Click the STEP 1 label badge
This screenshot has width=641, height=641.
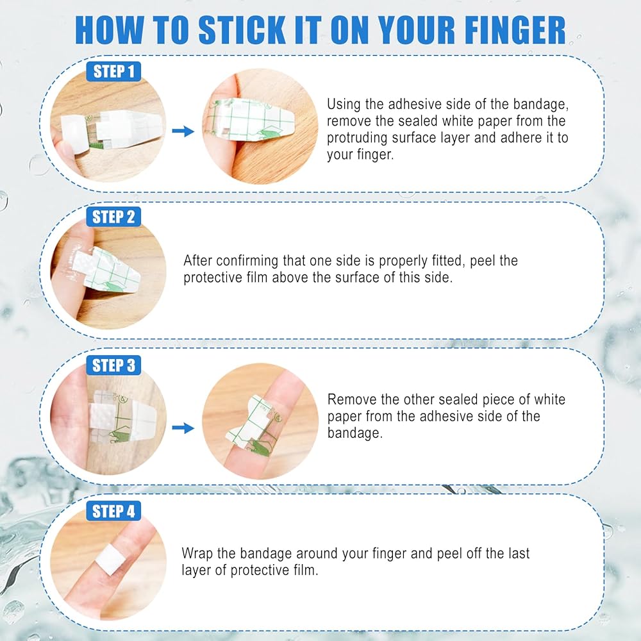[113, 72]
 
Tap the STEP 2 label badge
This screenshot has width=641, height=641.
[113, 217]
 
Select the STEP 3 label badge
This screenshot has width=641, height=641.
[113, 365]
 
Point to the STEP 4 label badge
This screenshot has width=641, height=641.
[113, 511]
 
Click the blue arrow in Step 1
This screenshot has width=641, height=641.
[183, 131]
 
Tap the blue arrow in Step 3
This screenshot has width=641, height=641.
[183, 428]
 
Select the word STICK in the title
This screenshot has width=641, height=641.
[242, 30]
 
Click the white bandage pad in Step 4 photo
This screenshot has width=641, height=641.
[110, 558]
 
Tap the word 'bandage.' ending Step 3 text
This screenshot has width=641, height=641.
[355, 433]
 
